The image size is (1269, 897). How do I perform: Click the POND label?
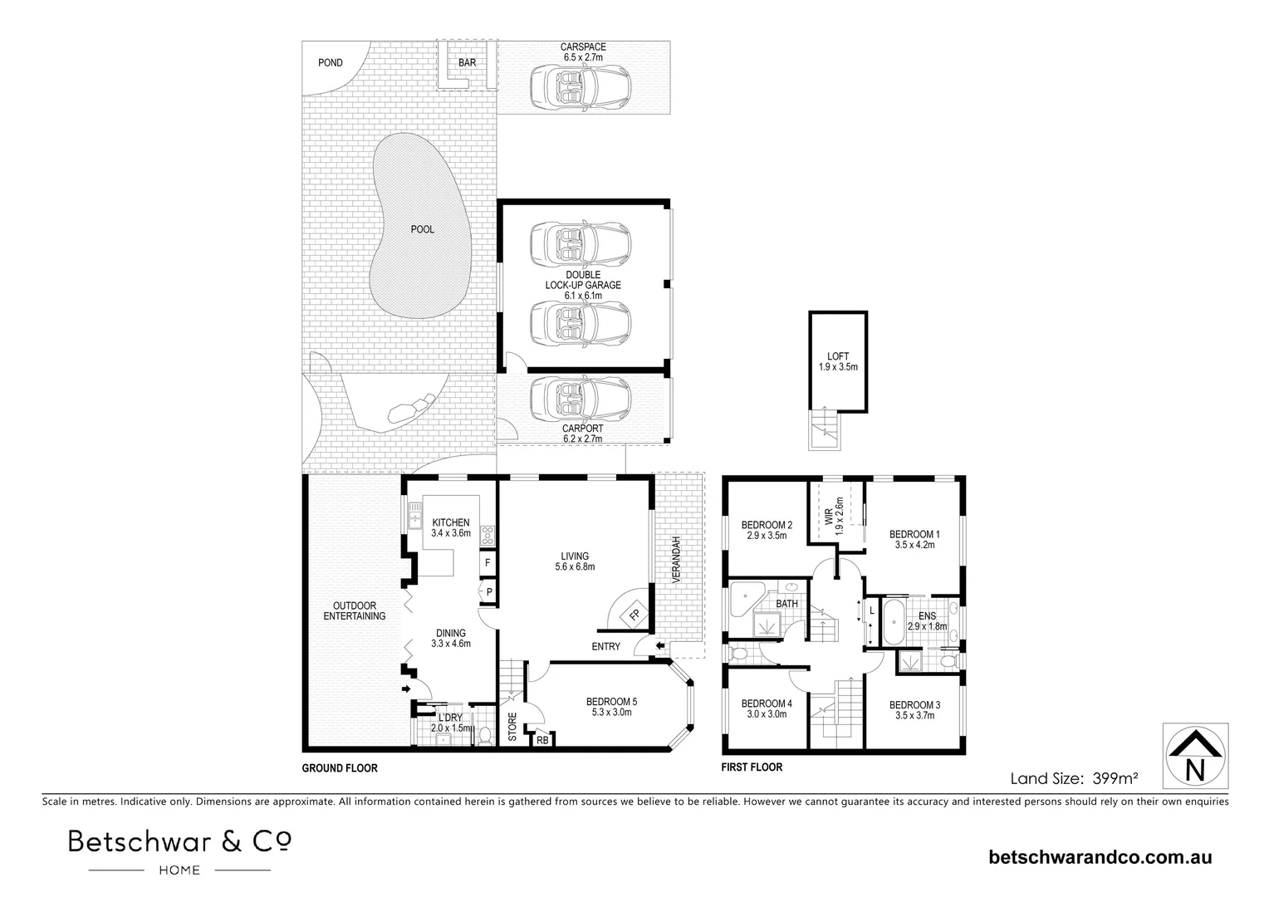click(331, 63)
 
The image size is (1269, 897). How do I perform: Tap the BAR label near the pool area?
click(467, 63)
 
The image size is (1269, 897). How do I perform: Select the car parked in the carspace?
click(581, 83)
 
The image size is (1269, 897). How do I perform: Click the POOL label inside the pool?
click(422, 229)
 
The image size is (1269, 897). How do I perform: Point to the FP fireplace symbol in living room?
click(634, 615)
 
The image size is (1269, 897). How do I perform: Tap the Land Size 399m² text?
click(1073, 778)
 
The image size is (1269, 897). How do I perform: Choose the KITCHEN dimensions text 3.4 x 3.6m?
click(451, 533)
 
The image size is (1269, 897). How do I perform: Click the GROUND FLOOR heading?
click(339, 768)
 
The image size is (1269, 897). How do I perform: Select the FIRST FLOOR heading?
click(752, 767)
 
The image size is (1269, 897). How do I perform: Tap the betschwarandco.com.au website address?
click(1100, 856)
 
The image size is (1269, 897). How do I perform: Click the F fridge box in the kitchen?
click(488, 562)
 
